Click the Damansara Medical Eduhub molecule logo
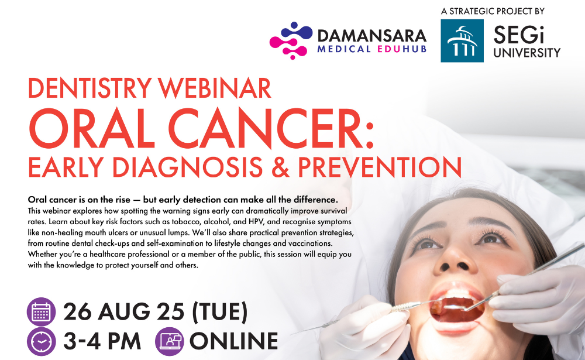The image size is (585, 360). point(291,40)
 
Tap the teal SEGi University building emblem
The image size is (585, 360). point(462,41)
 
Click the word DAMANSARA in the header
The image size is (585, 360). point(371,36)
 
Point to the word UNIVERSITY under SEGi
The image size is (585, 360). point(527,53)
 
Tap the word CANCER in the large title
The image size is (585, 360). point(271,129)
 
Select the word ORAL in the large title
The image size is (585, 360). point(92,129)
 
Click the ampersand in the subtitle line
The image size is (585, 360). point(280,167)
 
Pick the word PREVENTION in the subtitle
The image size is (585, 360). point(380,167)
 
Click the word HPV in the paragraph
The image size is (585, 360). point(256,221)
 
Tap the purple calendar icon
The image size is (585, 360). point(41,312)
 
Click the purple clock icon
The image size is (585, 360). point(41,341)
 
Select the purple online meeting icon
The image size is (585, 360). point(170,341)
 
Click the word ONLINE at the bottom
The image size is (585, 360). point(234,341)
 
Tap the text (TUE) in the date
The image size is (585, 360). point(219,312)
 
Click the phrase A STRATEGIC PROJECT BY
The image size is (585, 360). point(493,11)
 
